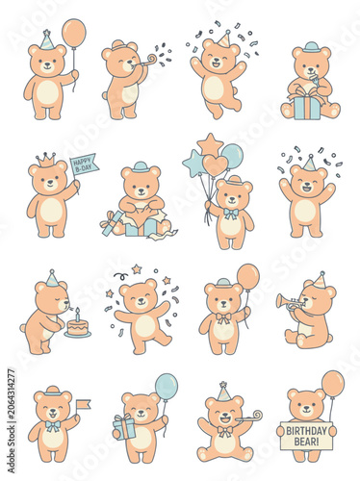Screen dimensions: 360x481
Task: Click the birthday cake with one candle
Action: coord(77,326)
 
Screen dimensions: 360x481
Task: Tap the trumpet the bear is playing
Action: coord(289,302)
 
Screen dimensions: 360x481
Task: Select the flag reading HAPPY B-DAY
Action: coord(85,165)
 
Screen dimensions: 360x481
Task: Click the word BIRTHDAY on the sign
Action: coord(306,431)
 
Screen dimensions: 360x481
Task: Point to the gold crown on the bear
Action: coord(46,160)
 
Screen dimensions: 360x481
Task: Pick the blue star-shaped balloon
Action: coord(193,163)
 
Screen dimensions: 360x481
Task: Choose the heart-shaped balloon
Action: coord(215,165)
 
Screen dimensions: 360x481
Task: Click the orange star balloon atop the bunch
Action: coord(211,144)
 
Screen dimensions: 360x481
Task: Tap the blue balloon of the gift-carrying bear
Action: coord(167,387)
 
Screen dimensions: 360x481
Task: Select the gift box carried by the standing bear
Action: coord(124,427)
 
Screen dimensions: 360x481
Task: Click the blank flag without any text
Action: coord(83,405)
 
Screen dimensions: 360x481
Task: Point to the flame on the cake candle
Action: coord(77,310)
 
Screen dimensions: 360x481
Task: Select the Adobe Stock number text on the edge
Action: coord(12,421)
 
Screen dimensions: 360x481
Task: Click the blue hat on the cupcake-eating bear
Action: coord(311,47)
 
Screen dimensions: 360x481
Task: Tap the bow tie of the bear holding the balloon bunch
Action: coord(230,214)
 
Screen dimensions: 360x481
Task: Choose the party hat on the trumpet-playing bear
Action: coord(319,280)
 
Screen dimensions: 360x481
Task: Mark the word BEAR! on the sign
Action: coord(307,442)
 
